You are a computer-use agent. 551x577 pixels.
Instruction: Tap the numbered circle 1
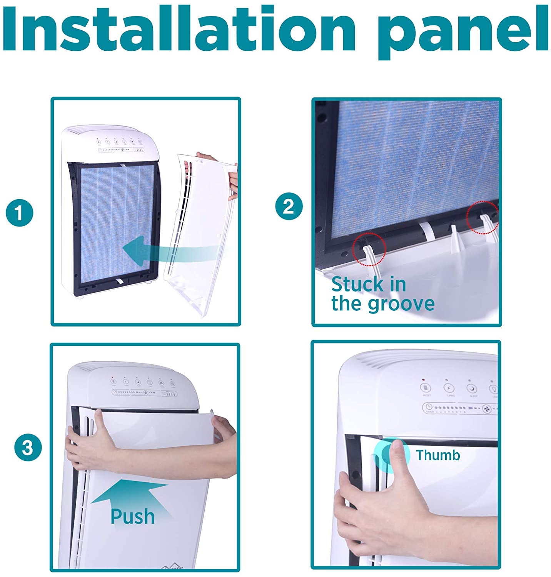tap(19, 213)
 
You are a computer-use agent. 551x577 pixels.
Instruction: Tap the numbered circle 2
tap(289, 207)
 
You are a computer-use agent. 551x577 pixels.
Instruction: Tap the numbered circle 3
tap(28, 447)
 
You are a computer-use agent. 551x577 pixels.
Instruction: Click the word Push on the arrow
tap(132, 516)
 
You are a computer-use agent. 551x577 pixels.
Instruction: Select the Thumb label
tap(438, 455)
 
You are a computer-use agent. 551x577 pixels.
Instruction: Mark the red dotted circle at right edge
tap(483, 217)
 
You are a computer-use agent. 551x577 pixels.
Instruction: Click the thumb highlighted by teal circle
tap(396, 454)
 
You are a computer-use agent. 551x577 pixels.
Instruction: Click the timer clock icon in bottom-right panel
tap(429, 407)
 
